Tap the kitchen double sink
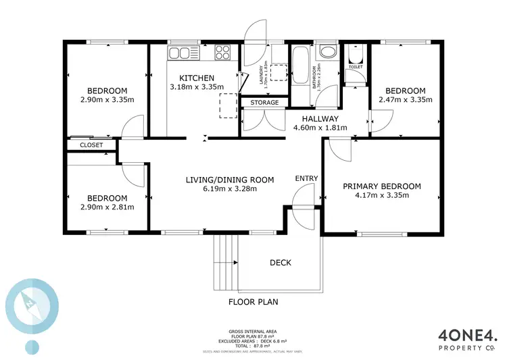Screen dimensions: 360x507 pyautogui.click(x=180, y=53)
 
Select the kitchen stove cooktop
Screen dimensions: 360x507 pyautogui.click(x=222, y=53)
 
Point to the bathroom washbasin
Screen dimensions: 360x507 pyautogui.click(x=329, y=53)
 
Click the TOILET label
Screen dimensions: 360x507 pyautogui.click(x=355, y=68)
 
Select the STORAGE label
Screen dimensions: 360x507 pyautogui.click(x=264, y=102)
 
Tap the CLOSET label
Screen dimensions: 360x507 pyautogui.click(x=91, y=145)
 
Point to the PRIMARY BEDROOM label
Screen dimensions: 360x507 pyautogui.click(x=381, y=186)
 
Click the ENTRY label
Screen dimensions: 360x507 pyautogui.click(x=306, y=178)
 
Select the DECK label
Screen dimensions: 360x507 pyautogui.click(x=281, y=262)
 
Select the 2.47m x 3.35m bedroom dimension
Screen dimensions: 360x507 pyautogui.click(x=405, y=101)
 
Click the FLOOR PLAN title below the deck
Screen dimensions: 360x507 pyautogui.click(x=253, y=302)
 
